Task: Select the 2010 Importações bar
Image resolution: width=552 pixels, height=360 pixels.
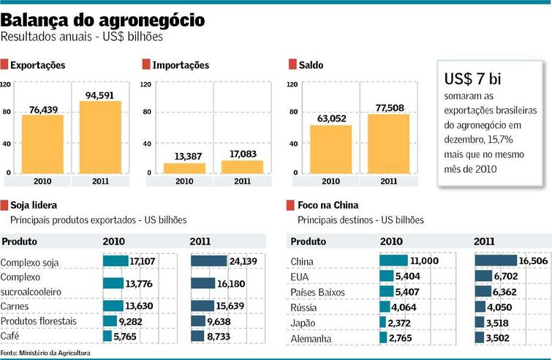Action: coord(184,168)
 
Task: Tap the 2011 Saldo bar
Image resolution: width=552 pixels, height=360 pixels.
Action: coord(388,145)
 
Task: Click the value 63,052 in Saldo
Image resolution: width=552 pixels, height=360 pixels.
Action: coord(330,119)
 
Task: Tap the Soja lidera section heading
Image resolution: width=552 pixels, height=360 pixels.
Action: coord(34,205)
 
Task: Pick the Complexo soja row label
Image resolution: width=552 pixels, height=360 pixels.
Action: coord(30,262)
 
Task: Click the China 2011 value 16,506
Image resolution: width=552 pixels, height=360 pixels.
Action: coord(534,260)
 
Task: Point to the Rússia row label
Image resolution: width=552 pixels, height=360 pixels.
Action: coord(305,307)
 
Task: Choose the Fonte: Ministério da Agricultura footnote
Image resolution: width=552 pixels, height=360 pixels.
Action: coord(45,353)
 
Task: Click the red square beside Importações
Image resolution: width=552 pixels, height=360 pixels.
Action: coord(146,65)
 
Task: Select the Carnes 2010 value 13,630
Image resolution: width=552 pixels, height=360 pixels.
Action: coord(139,305)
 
